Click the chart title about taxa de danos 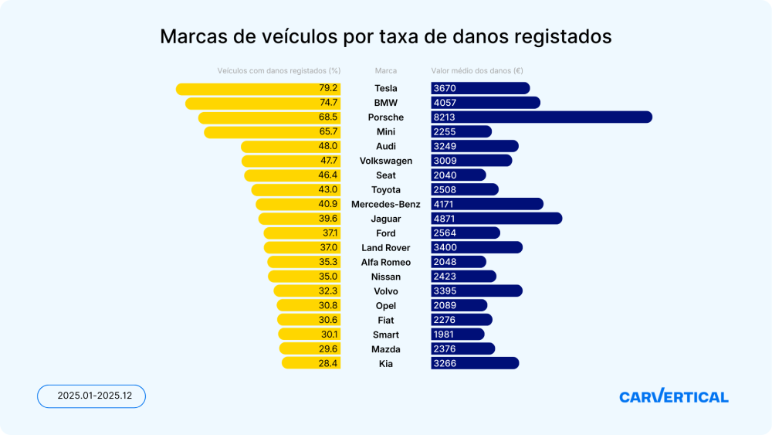point(385,37)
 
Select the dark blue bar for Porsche point(541,117)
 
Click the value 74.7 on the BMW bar point(329,103)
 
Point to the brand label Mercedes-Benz point(385,205)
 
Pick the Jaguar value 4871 point(445,219)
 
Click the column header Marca point(385,70)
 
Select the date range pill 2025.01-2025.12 point(91,396)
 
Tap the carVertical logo point(673,396)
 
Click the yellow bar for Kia point(311,363)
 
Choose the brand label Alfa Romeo point(385,262)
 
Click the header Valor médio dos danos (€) point(477,70)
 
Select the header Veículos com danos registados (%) point(279,70)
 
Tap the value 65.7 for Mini point(329,132)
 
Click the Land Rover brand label point(385,248)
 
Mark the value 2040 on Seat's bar point(445,175)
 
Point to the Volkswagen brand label point(385,161)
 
